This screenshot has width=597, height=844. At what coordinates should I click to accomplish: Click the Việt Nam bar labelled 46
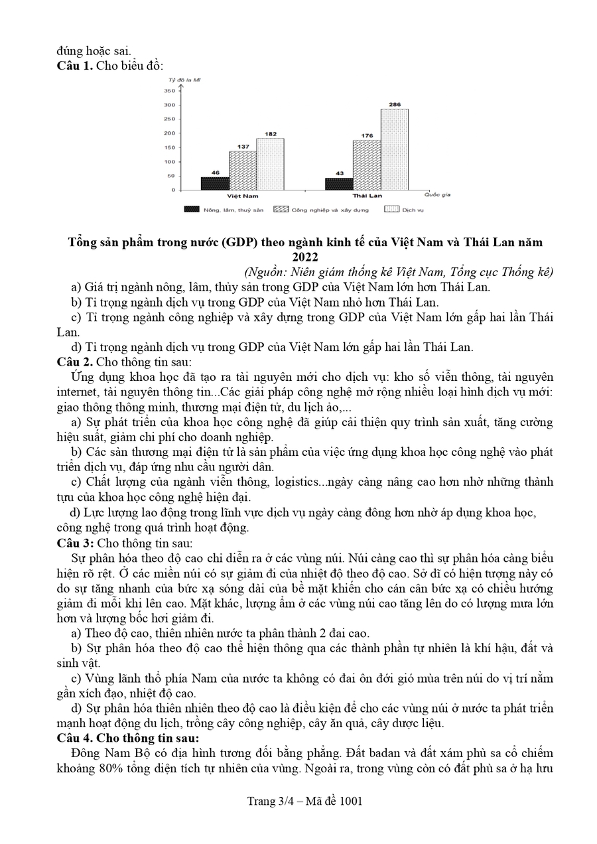215,183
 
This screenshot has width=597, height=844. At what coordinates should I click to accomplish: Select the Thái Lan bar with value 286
394,149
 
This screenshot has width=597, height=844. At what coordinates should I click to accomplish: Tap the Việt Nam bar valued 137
243,171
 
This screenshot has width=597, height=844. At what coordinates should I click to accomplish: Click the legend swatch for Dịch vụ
391,209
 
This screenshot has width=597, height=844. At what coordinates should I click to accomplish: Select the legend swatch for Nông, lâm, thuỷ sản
192,209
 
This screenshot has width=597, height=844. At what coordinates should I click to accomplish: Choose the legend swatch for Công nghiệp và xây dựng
281,209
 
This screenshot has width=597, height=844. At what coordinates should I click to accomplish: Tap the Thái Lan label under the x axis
367,196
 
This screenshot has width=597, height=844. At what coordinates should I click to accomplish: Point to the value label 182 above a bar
270,133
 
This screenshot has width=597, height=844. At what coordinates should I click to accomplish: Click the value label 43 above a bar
339,173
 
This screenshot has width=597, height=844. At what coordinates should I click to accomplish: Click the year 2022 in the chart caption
305,257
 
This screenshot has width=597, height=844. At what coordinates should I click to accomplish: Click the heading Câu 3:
76,543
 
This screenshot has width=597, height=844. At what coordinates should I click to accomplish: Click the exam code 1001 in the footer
350,801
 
